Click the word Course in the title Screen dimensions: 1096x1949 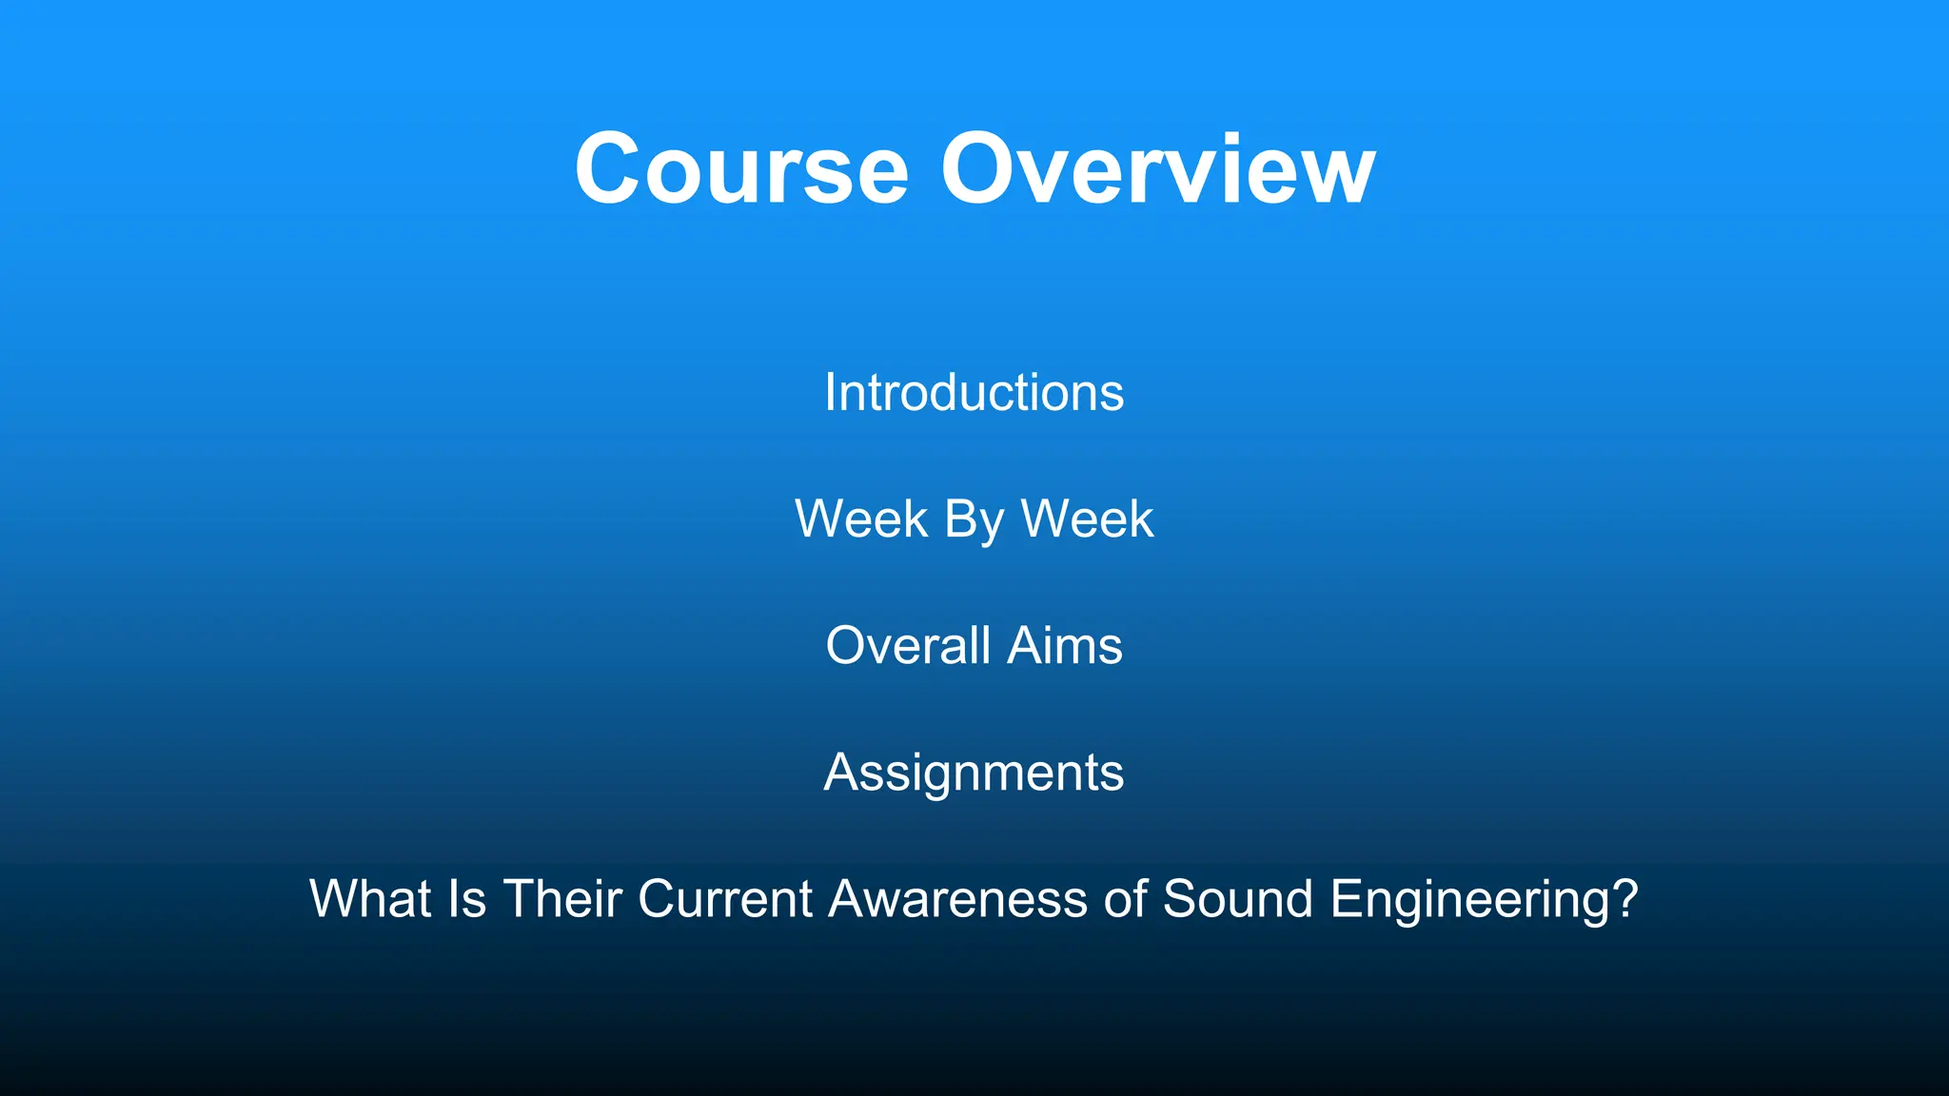[741, 169]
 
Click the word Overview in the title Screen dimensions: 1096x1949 [1157, 169]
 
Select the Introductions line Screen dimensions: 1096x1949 [974, 392]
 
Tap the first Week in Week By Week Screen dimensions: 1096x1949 [861, 519]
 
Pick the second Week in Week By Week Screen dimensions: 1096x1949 [1087, 519]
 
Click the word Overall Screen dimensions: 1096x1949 [908, 646]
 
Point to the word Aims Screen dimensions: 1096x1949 [1065, 646]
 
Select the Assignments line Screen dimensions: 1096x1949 [974, 773]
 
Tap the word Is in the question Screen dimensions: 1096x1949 [467, 899]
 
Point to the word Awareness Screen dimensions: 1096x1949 [957, 899]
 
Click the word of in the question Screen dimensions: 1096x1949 [1124, 899]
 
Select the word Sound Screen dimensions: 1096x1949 [1238, 899]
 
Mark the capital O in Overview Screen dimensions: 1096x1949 [980, 169]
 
